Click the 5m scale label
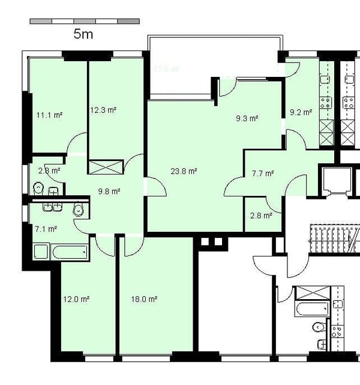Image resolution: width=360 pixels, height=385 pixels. coord(83,34)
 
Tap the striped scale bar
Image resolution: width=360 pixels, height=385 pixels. coord(85,21)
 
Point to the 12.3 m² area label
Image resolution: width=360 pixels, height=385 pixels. coord(103,110)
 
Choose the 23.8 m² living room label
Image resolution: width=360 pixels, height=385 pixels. coord(184,171)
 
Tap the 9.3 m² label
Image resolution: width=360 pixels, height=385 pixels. coord(247,119)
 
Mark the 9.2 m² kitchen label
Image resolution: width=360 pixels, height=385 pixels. coord(301,112)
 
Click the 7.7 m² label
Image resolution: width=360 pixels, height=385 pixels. coord(262,174)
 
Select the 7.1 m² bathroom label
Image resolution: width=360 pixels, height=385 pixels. coord(46,229)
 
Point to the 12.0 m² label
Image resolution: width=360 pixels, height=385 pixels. coord(76,299)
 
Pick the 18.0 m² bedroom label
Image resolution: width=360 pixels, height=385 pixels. coord(144,299)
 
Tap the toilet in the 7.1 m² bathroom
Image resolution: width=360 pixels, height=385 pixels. coord(77,210)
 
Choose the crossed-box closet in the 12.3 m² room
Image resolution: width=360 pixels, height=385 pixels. coord(106,166)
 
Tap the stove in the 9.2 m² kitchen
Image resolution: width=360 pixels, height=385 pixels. coord(327,102)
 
